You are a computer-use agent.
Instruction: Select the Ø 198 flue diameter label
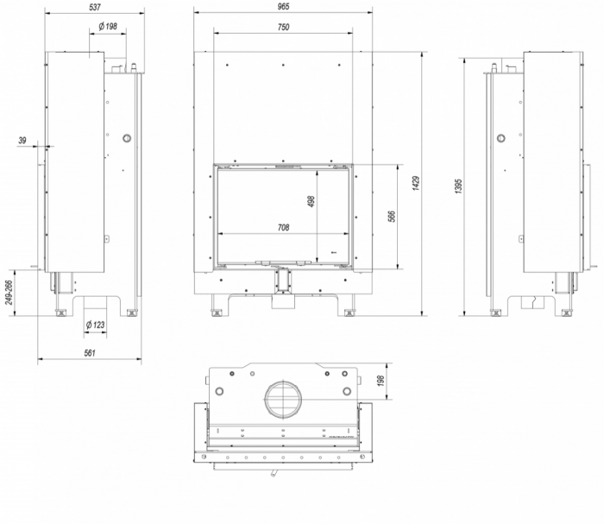[108, 27]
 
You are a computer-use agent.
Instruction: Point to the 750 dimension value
[284, 27]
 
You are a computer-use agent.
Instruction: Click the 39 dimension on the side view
[22, 140]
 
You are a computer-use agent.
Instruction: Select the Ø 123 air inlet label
[98, 325]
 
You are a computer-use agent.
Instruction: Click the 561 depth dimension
[90, 352]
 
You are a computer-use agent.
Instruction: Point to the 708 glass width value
[284, 228]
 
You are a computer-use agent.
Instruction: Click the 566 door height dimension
[391, 216]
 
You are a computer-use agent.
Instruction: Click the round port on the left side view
[127, 138]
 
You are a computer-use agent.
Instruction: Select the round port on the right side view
[500, 138]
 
